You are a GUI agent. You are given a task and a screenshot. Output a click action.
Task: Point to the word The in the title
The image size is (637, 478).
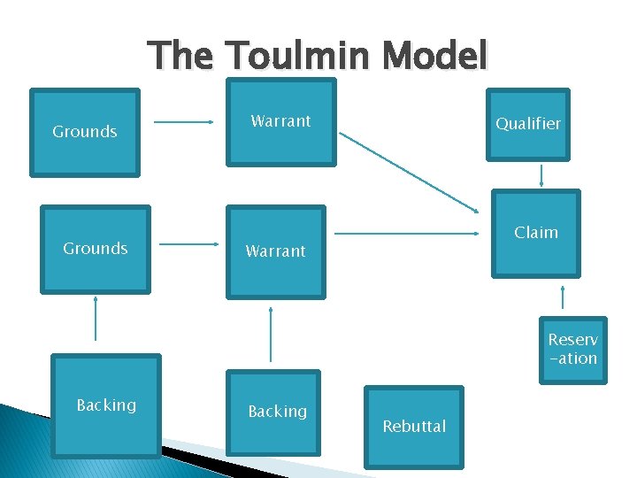[x=180, y=56]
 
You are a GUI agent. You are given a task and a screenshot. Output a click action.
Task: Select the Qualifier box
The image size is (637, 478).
[x=527, y=124]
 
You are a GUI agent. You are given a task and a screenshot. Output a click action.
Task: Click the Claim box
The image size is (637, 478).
[x=536, y=233]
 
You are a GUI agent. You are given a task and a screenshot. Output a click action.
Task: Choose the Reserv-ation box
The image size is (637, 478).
[x=573, y=350]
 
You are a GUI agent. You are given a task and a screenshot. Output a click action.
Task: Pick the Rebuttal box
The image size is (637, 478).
[x=414, y=427]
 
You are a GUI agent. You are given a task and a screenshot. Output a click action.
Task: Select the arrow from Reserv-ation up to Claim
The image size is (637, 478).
[x=562, y=297]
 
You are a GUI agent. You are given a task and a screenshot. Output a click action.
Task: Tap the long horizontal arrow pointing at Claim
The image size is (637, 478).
[x=407, y=234]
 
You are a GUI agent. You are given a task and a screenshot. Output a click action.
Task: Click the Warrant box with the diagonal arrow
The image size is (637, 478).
[x=280, y=122]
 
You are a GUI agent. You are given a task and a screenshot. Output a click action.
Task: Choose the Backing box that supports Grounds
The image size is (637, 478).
[x=106, y=405]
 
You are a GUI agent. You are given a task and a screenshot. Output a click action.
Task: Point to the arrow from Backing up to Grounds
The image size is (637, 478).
[x=96, y=318]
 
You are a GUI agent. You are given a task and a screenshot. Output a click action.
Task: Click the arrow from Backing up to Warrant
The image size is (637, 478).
[x=271, y=334]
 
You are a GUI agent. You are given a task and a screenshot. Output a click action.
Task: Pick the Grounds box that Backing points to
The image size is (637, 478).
[x=96, y=249]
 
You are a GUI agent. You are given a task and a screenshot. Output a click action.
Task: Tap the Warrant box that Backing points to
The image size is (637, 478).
[x=275, y=251]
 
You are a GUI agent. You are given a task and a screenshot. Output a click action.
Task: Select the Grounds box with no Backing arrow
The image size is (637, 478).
[x=85, y=132]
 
